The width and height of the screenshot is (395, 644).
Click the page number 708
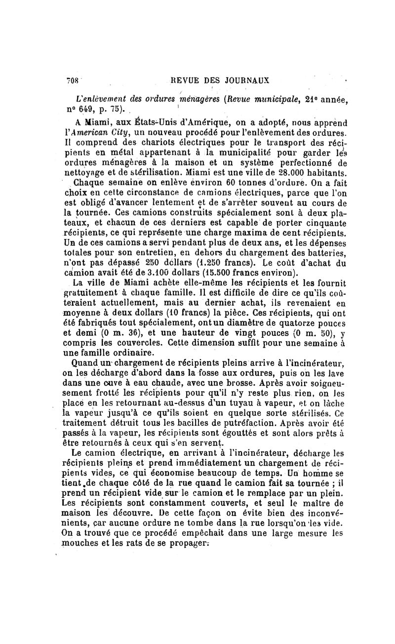pyautogui.click(x=73, y=81)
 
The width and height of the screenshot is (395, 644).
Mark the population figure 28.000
pyautogui.click(x=280, y=173)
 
